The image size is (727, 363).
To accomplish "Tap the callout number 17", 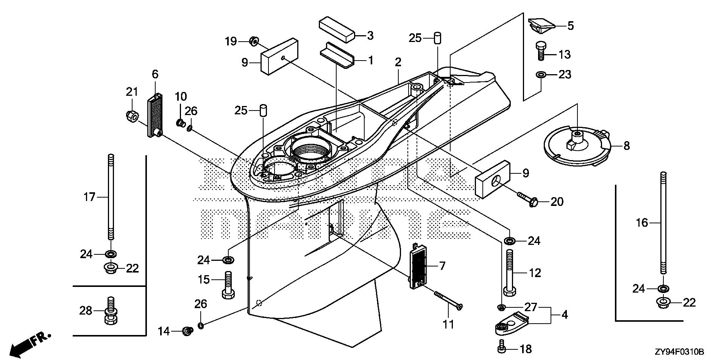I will pyautogui.click(x=90, y=197).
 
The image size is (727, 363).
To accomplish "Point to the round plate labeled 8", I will pyautogui.click(x=576, y=146).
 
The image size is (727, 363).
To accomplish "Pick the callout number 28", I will pyautogui.click(x=86, y=311).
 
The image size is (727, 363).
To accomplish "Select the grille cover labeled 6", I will pyautogui.click(x=155, y=112).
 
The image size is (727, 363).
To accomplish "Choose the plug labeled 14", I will pyautogui.click(x=186, y=332).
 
